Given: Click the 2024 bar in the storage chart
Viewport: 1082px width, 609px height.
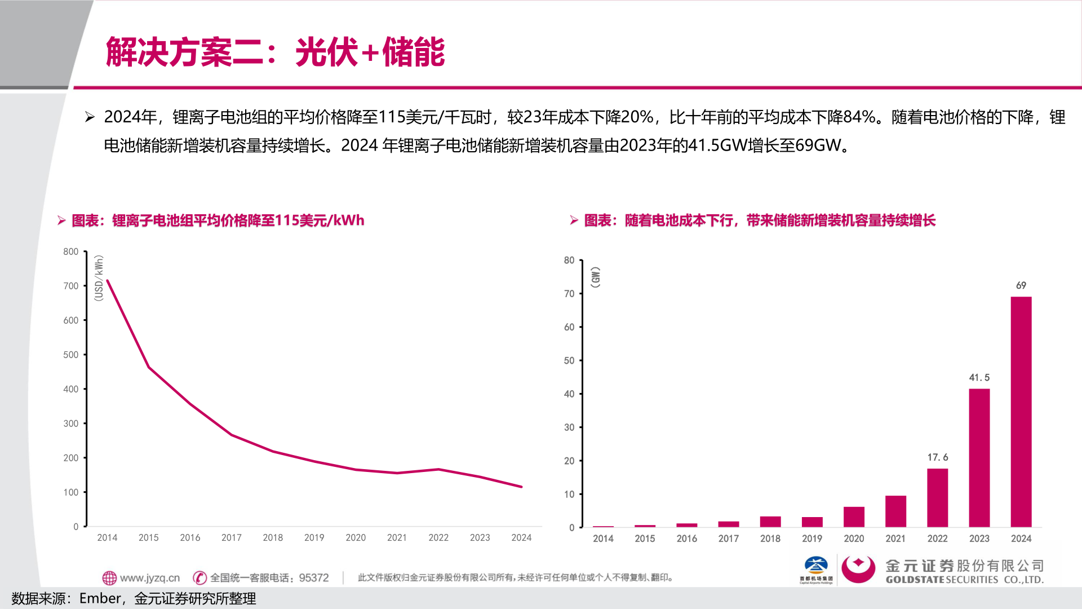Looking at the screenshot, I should click(1021, 412).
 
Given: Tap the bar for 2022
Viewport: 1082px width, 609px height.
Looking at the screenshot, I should click(937, 497).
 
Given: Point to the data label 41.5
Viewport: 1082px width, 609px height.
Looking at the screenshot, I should click(979, 377).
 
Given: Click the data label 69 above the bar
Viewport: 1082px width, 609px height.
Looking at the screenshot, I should click(1021, 285).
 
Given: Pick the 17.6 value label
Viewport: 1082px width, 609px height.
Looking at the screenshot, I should click(937, 457).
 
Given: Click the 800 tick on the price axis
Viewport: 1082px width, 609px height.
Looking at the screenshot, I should click(70, 251).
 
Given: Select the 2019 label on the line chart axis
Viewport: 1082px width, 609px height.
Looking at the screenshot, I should click(314, 537).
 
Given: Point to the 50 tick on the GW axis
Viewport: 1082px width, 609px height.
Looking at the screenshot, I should click(569, 360).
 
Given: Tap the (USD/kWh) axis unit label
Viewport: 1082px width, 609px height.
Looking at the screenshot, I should click(99, 278).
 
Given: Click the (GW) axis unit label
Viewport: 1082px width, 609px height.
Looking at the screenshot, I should click(595, 277).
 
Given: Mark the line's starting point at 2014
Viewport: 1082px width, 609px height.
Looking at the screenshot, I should click(108, 280).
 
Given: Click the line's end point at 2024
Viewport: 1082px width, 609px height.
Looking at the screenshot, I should click(521, 487).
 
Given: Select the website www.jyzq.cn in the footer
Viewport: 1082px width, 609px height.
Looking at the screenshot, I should click(149, 578).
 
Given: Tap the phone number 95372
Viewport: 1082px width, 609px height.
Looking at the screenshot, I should click(313, 578).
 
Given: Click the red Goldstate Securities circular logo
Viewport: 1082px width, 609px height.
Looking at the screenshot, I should click(858, 568).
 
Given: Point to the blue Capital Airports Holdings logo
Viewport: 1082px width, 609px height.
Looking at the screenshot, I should click(815, 566).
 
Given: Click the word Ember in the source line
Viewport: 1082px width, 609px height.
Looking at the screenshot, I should click(100, 598).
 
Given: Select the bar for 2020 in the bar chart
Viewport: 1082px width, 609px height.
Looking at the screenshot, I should click(854, 517).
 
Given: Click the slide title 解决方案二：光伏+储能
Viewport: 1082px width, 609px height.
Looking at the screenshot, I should click(275, 52).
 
